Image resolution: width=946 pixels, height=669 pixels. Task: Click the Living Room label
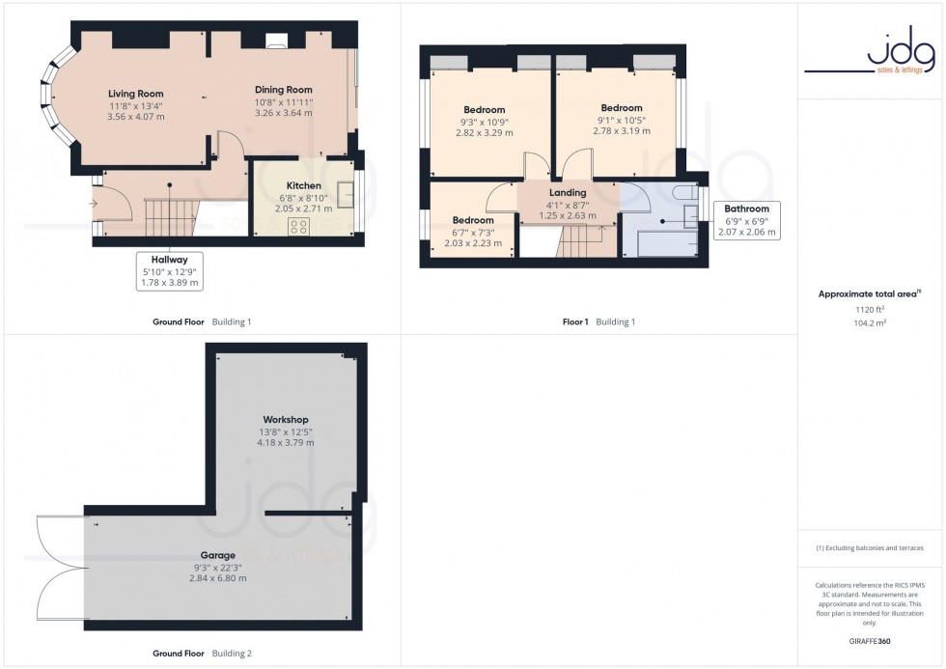point(135,94)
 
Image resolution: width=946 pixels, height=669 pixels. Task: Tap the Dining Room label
point(284,90)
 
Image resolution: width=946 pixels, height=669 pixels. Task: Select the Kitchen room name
point(303,186)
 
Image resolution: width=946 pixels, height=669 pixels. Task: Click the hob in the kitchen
point(299,227)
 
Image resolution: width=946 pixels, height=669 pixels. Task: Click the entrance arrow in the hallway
point(95,203)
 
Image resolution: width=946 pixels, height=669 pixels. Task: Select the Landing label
point(568,193)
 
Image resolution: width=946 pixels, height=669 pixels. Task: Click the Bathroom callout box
point(746,220)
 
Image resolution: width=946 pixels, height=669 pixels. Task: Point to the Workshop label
point(285,419)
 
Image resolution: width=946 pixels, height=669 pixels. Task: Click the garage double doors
point(60,567)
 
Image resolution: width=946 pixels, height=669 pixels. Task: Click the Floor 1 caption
point(574,321)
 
